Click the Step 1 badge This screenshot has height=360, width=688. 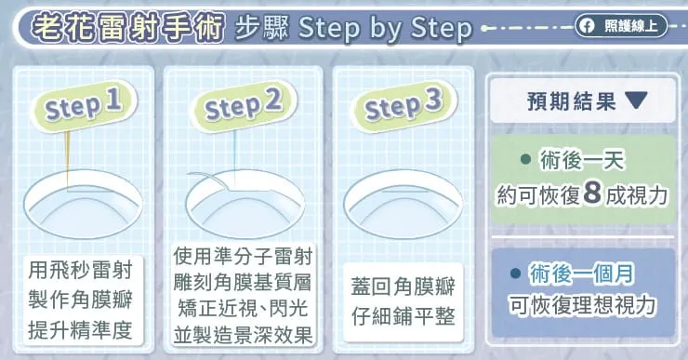(83, 105)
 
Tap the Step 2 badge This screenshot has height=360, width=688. (243, 105)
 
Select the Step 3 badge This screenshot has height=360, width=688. (403, 106)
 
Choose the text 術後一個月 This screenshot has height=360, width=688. (582, 274)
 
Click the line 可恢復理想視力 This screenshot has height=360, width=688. (583, 304)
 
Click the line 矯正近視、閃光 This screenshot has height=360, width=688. (245, 308)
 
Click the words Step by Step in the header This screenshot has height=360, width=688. (387, 29)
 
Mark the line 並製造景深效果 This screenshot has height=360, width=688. (245, 334)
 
